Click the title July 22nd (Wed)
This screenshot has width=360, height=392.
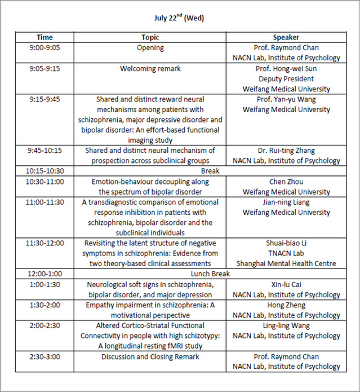pos(179,18)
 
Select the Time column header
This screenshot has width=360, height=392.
pos(45,37)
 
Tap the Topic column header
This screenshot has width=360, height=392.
pos(150,37)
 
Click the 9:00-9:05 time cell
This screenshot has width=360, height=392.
pos(45,47)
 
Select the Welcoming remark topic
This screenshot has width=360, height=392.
pos(150,69)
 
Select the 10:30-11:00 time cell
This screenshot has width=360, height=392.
pos(45,182)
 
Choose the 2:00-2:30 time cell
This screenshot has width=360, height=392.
pos(45,325)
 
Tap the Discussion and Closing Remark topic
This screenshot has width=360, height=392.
pos(150,356)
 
